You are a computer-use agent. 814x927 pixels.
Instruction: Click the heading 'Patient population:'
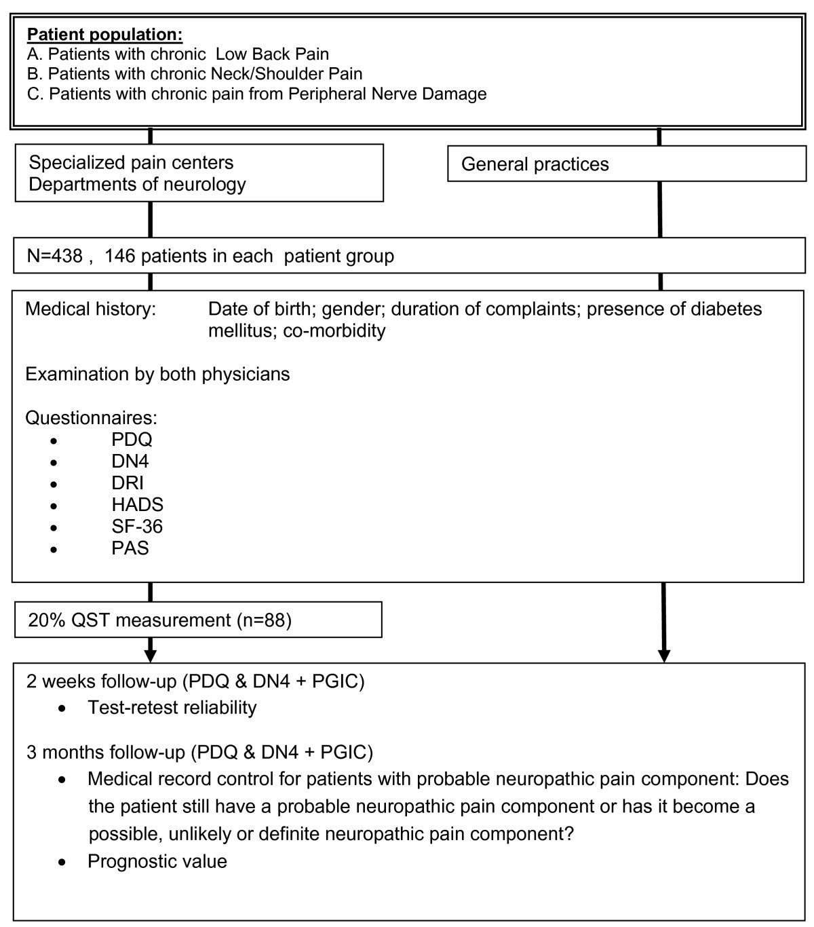tap(104, 34)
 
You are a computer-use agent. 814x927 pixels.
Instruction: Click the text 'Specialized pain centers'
tap(131, 163)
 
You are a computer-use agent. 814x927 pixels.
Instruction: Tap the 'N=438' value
tap(54, 256)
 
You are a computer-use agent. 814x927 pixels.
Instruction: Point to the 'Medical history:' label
tap(90, 309)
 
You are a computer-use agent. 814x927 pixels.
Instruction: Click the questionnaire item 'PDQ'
tap(132, 440)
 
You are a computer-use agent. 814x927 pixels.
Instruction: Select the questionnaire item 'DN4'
tap(130, 461)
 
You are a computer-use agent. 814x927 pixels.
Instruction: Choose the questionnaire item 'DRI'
tap(128, 483)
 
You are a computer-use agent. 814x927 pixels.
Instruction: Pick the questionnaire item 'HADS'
tap(137, 505)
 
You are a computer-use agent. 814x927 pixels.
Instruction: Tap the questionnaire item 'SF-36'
tap(137, 527)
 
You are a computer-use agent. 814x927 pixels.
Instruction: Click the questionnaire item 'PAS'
tap(130, 548)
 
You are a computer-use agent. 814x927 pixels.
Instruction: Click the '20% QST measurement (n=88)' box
tap(197, 620)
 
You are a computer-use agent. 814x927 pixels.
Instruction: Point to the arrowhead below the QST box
tap(151, 655)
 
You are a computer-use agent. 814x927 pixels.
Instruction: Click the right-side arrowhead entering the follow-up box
tap(664, 655)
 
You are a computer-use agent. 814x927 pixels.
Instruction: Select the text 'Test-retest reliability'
tap(172, 708)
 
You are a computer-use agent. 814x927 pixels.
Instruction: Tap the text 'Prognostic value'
tap(157, 862)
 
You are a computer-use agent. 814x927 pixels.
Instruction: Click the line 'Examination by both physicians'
tap(157, 375)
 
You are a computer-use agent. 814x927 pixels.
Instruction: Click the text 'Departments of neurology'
tap(137, 185)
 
